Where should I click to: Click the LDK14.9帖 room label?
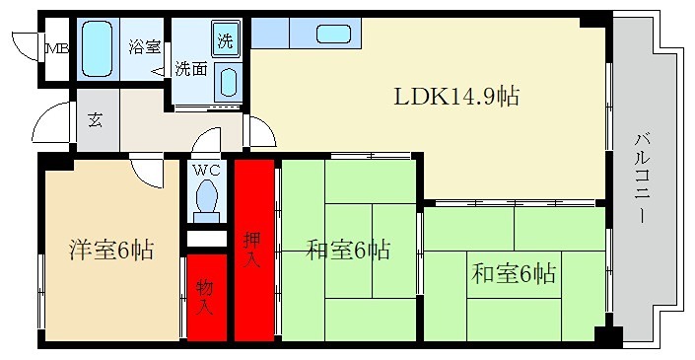(456, 97)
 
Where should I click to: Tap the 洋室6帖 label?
(110, 251)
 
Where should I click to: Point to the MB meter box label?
(55, 46)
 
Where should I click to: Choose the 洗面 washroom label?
(190, 70)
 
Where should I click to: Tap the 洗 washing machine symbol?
(226, 40)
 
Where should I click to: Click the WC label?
(206, 170)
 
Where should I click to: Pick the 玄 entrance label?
(96, 120)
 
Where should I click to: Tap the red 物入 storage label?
(204, 297)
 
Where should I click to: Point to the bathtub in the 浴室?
(98, 43)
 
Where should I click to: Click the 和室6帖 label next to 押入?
(347, 251)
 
